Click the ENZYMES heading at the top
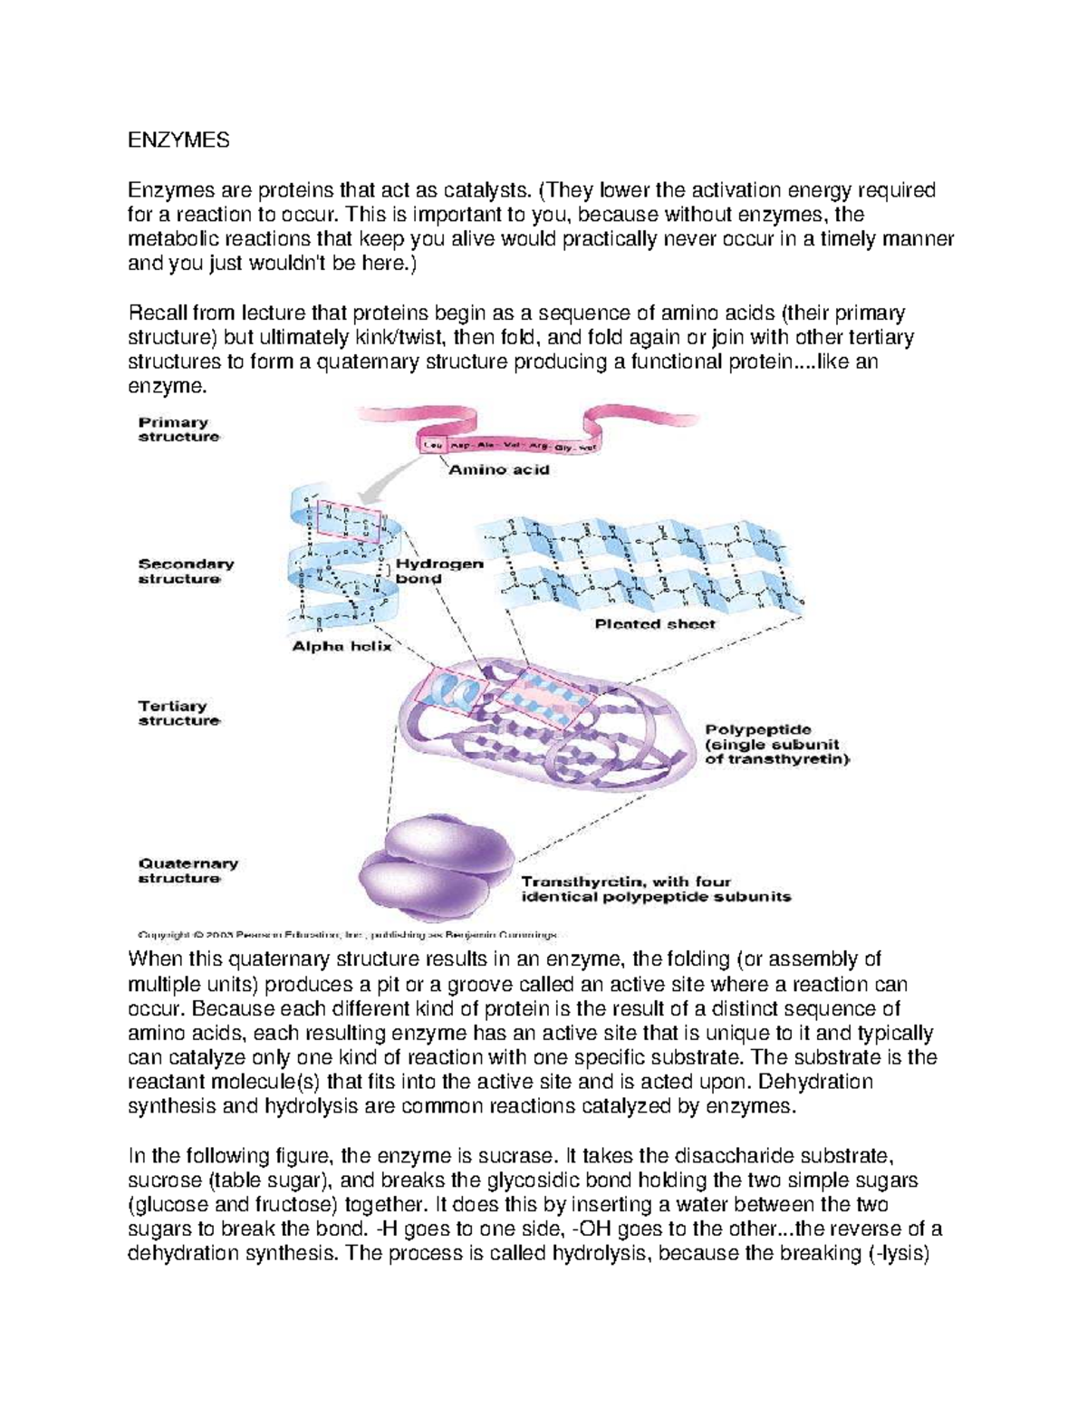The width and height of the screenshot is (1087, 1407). click(x=178, y=140)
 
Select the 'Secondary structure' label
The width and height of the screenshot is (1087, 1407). click(x=185, y=571)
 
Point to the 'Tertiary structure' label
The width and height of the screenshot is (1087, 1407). click(x=178, y=713)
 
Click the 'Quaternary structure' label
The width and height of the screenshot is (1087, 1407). click(x=187, y=871)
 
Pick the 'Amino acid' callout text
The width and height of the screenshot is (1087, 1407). click(x=499, y=470)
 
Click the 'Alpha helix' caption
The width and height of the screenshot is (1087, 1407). click(x=341, y=647)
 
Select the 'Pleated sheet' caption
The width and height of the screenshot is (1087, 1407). click(x=654, y=624)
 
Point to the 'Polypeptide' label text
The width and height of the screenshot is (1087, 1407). click(x=757, y=729)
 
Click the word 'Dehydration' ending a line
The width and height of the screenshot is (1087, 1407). click(x=815, y=1082)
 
